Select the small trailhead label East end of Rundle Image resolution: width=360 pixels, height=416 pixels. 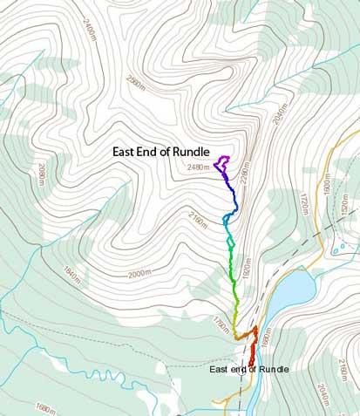[249, 369]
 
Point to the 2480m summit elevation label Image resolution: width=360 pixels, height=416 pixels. [198, 167]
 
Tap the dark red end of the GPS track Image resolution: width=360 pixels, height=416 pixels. [252, 358]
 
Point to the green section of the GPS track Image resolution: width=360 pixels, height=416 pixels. [232, 262]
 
